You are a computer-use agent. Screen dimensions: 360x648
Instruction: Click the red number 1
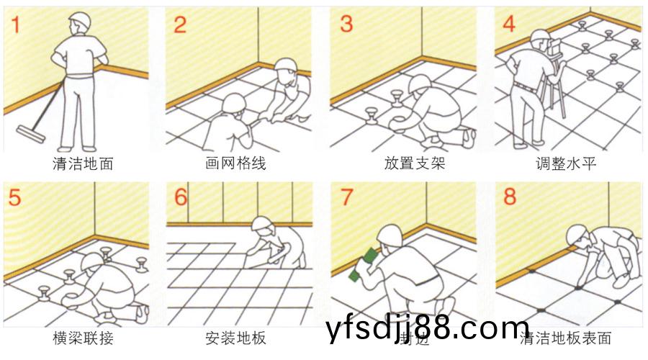click(14, 24)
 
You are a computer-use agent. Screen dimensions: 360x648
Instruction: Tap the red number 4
click(509, 24)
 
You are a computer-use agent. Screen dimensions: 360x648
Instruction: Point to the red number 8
click(510, 197)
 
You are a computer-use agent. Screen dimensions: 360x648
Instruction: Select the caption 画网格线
click(235, 163)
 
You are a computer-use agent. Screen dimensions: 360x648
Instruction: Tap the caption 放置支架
click(415, 163)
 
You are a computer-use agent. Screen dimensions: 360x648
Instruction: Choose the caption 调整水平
click(566, 163)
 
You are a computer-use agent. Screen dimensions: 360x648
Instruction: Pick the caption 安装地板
click(235, 337)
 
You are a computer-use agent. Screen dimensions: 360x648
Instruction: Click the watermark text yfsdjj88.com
click(428, 329)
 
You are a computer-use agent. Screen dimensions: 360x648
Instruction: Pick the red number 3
click(346, 24)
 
